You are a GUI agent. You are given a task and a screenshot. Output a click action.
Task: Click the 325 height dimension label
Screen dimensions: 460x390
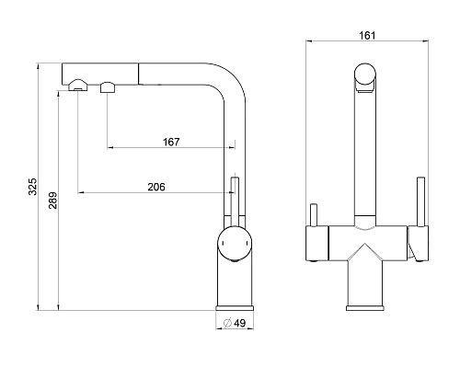32,186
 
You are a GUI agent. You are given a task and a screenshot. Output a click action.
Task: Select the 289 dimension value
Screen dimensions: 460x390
52,201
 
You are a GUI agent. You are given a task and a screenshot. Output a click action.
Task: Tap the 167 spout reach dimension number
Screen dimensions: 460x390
171,142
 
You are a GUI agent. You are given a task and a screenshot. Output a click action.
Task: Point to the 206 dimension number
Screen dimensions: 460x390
156,187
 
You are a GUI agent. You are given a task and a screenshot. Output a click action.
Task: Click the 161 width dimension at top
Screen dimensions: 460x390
367,36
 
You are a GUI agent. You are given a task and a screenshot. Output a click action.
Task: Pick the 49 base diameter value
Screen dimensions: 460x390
240,323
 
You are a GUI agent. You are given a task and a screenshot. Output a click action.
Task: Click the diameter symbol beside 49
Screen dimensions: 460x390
227,323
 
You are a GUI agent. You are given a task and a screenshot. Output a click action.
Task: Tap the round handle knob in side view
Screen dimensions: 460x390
235,244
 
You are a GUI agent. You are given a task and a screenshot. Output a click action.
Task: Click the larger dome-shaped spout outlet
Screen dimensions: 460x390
78,85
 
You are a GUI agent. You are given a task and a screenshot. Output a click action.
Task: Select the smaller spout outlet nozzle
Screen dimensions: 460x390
108,87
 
